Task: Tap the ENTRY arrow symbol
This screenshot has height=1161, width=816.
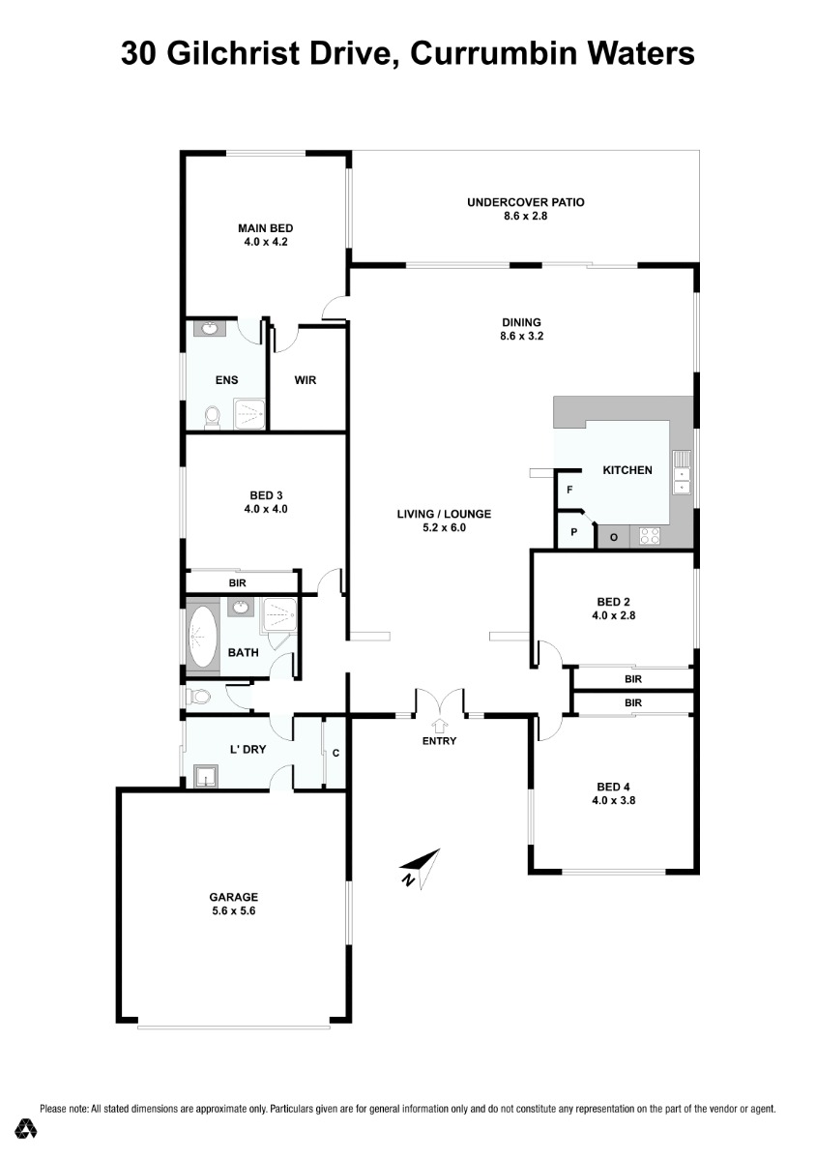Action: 439,724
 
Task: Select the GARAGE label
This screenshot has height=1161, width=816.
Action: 233,897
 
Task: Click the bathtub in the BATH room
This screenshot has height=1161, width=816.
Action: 203,637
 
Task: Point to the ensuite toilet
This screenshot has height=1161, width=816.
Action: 212,418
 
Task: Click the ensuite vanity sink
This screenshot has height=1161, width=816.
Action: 210,329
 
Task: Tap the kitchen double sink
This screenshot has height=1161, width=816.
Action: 682,472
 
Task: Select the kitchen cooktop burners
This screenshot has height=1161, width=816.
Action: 649,536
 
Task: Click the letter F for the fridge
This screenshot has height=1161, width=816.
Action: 569,490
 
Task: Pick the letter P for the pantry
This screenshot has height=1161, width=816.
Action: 573,532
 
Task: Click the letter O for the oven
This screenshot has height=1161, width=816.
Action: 613,538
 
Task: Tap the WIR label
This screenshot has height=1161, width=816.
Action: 306,380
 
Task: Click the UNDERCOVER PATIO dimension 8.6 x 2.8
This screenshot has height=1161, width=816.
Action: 525,216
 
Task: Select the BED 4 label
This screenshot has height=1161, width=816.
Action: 613,787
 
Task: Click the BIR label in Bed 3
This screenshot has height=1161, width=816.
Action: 237,583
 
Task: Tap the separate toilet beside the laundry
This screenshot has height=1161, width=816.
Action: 198,697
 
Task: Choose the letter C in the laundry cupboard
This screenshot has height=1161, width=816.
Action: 335,753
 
